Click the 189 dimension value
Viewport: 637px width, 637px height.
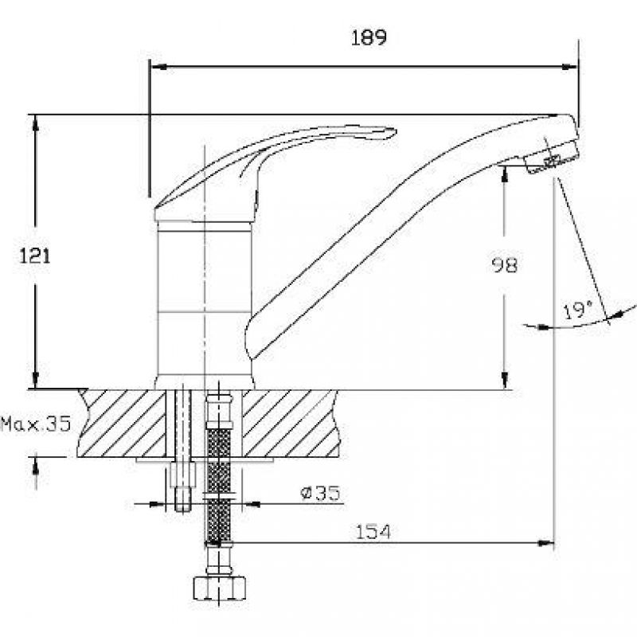[369, 37]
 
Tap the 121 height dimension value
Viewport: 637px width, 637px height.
[35, 256]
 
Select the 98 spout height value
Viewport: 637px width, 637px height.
[505, 265]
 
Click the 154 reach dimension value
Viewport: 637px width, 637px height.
[373, 532]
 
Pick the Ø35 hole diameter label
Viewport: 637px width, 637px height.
[320, 493]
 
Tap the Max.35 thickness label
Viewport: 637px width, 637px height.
[36, 424]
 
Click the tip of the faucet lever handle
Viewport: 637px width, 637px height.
[394, 132]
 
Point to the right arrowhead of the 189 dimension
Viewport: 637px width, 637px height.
[569, 67]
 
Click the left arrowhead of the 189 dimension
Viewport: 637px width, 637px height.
[158, 67]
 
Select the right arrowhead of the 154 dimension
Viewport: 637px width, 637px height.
[545, 543]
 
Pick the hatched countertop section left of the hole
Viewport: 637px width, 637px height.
[123, 423]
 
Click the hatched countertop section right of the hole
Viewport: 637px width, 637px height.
[291, 423]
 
